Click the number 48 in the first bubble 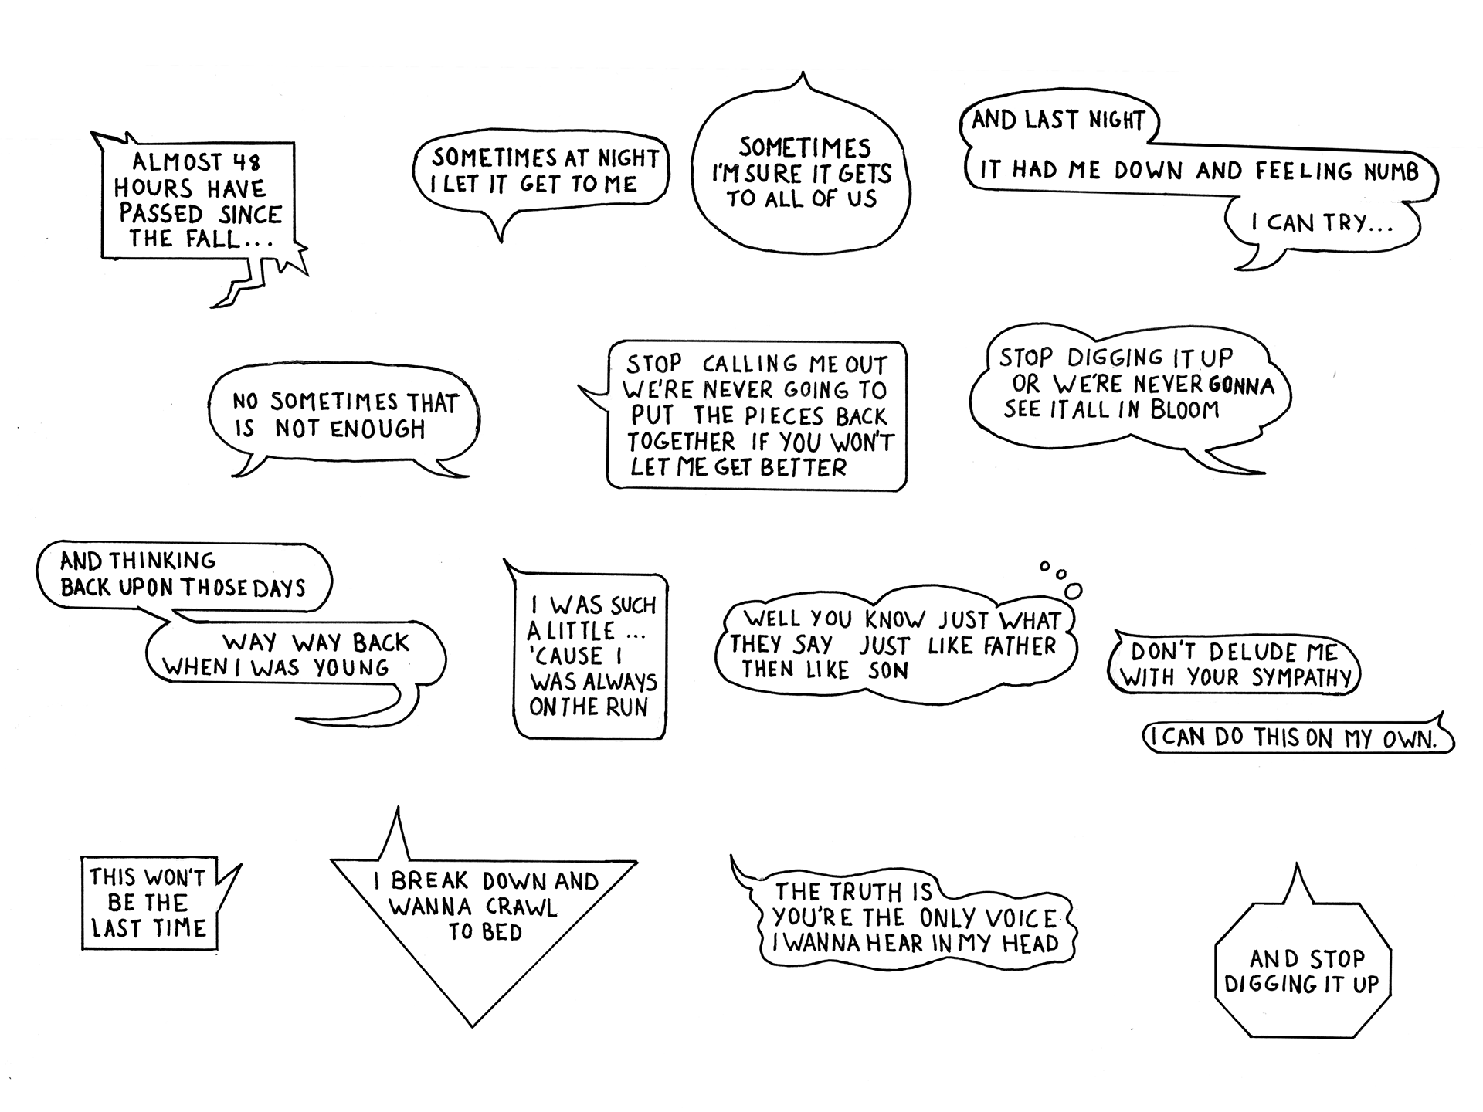pos(246,162)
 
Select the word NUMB pos(1391,171)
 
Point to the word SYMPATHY pos(1301,678)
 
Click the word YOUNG pos(351,668)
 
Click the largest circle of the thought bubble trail pos(1073,591)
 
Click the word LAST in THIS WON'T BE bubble pos(115,927)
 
